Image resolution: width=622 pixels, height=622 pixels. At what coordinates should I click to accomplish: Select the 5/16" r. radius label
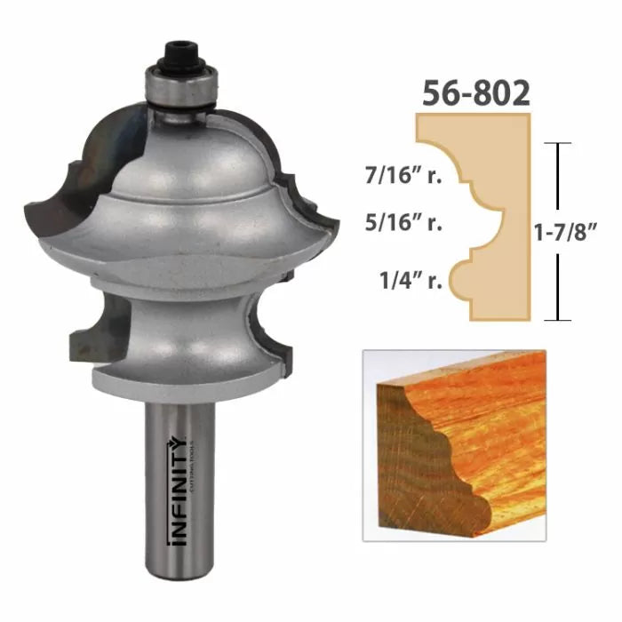tap(404, 224)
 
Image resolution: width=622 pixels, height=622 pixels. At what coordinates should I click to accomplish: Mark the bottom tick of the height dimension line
tap(557, 319)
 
